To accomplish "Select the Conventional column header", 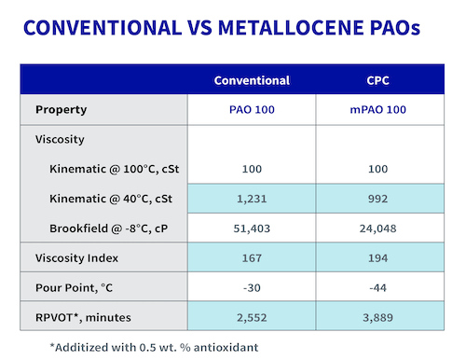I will (253, 80).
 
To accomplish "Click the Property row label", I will (62, 109).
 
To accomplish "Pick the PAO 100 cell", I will (253, 109).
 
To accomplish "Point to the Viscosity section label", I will (61, 139).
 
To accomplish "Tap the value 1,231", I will (253, 199).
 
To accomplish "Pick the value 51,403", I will (253, 228).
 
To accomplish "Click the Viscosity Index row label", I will (76, 256).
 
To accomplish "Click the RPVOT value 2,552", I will (253, 316).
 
